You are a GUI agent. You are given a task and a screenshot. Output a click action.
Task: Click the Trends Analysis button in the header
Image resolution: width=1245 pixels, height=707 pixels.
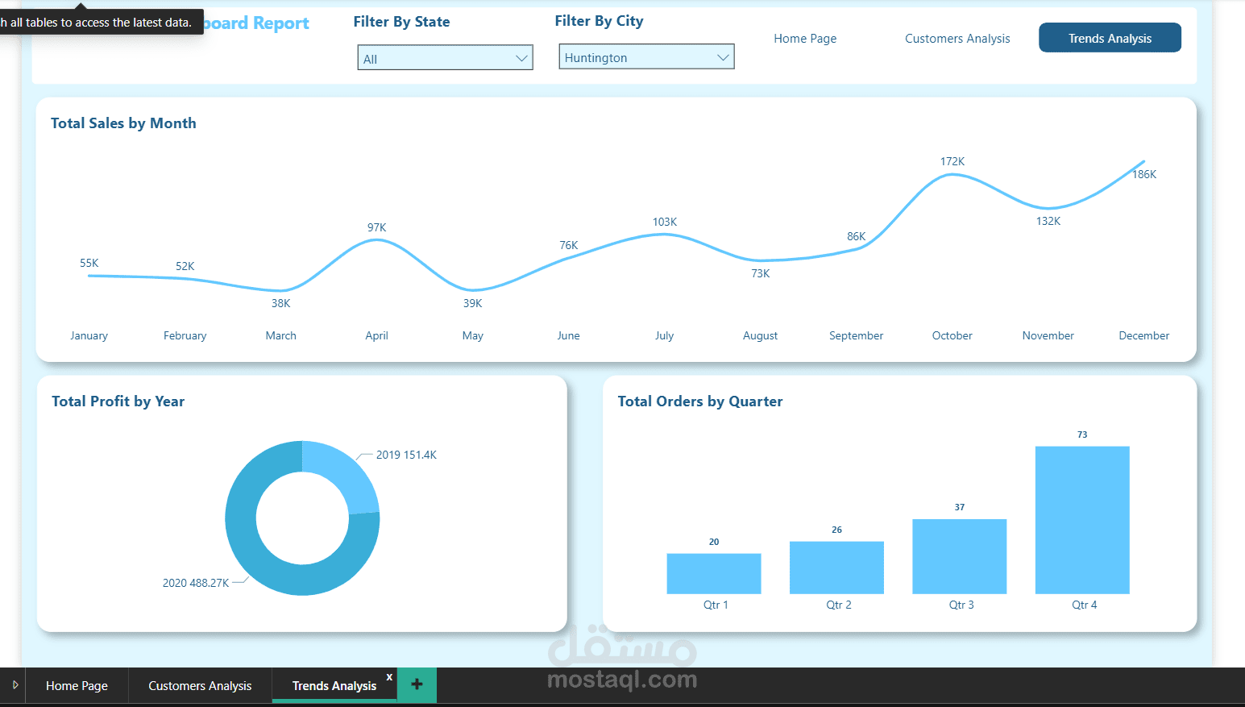tap(1110, 38)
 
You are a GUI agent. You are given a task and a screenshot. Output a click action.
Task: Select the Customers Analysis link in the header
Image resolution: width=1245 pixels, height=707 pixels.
tap(957, 39)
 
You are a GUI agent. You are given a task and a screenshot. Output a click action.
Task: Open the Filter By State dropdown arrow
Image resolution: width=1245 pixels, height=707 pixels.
tap(521, 58)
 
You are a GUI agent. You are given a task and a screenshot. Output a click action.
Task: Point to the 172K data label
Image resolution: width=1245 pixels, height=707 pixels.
tap(952, 161)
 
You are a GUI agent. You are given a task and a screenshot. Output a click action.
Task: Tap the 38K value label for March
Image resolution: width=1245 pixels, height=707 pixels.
tap(280, 303)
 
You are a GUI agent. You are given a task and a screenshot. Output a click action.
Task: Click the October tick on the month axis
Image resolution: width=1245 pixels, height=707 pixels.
tap(952, 335)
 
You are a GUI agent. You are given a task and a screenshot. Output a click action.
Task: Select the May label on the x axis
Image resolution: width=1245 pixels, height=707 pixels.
tap(472, 335)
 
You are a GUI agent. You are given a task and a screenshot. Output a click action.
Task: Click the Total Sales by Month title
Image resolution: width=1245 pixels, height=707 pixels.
tap(123, 123)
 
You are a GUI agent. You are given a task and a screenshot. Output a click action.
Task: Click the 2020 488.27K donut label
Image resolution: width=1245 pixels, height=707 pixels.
tap(196, 583)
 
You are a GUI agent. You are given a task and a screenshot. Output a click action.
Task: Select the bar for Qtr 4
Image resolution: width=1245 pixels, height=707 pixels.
tap(1081, 520)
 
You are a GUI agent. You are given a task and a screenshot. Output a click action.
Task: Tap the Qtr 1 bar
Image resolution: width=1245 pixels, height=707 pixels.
tap(713, 573)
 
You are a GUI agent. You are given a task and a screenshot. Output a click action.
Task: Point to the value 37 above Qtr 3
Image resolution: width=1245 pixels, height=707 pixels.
tap(959, 507)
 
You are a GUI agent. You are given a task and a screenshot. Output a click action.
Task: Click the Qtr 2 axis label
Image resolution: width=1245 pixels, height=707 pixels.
tap(838, 605)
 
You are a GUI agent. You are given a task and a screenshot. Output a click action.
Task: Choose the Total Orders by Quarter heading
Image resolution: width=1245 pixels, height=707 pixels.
tap(699, 401)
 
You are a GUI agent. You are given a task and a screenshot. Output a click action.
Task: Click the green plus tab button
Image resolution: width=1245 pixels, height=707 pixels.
tap(417, 684)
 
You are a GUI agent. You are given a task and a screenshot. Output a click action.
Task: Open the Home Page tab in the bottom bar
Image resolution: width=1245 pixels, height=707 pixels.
tap(77, 686)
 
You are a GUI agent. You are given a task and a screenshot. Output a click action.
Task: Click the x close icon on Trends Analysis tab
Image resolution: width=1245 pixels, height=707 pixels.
tap(389, 677)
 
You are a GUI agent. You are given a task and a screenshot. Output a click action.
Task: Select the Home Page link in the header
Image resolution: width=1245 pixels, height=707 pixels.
tap(805, 39)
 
